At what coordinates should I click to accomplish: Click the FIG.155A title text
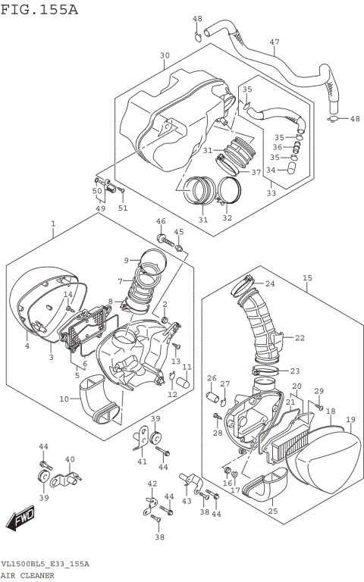39,9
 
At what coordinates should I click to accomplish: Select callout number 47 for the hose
274,42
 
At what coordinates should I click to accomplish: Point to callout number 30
165,55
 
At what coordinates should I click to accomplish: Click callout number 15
307,278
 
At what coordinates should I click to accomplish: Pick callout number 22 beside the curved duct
300,338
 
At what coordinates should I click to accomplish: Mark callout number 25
272,511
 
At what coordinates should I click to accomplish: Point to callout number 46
160,221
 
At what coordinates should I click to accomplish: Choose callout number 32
226,218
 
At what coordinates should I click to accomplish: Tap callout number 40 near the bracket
70,459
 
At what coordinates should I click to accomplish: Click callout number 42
152,483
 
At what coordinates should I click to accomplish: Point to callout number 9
127,261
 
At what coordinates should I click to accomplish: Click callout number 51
123,208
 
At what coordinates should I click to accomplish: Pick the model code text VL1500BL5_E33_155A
45,565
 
